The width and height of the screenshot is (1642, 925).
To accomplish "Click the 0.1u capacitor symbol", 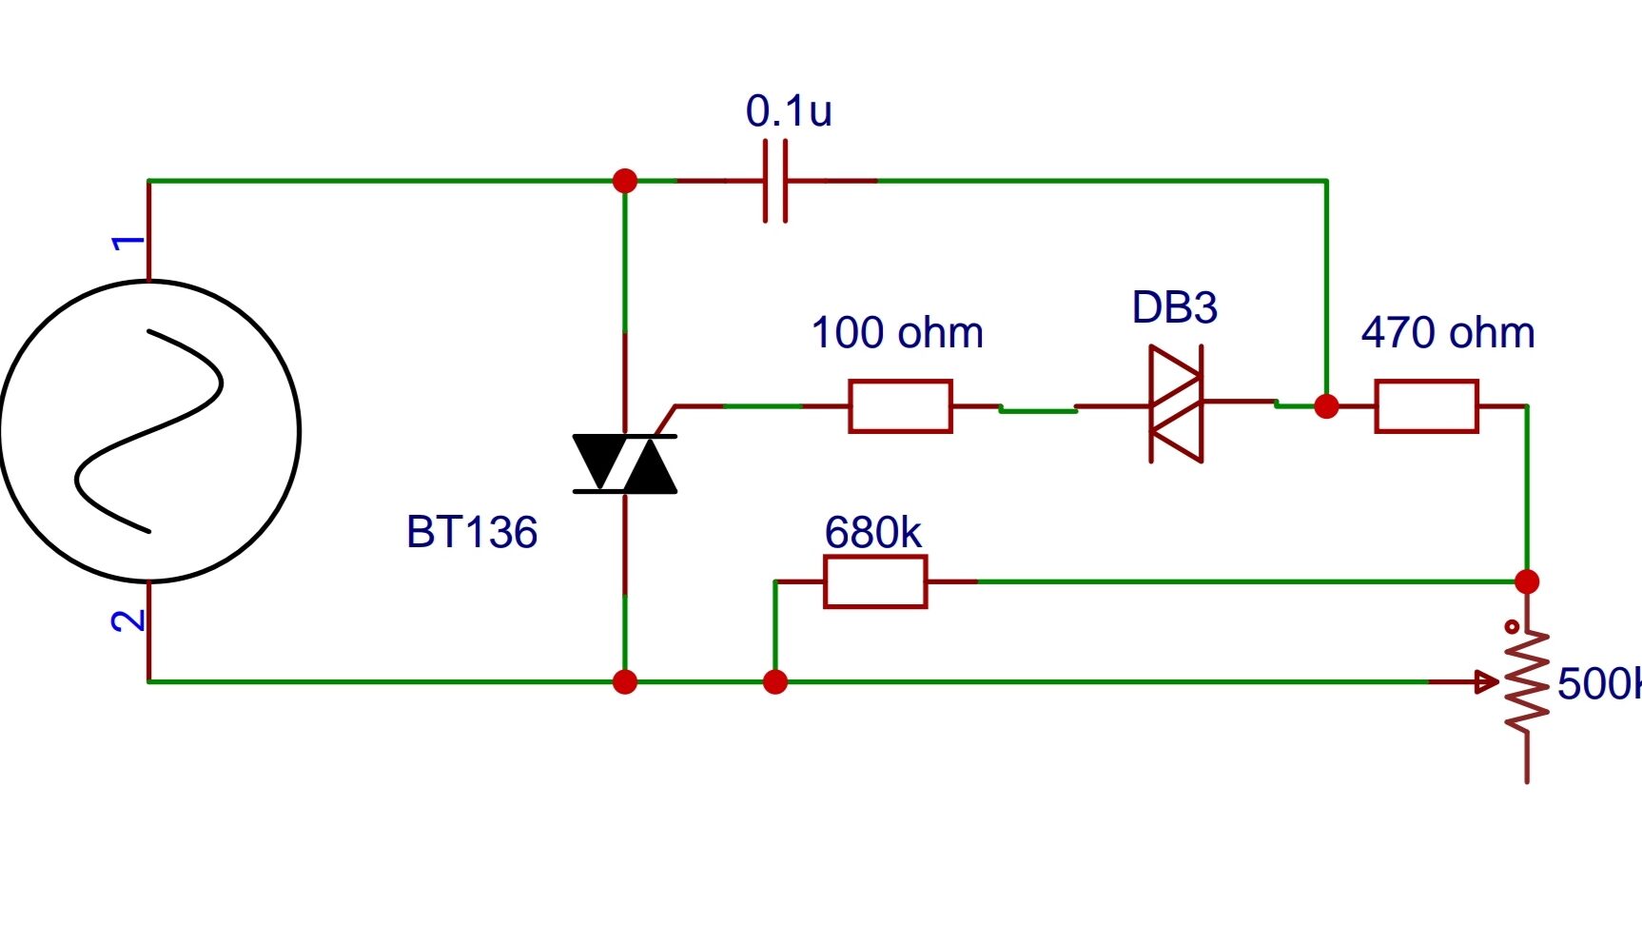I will [775, 181].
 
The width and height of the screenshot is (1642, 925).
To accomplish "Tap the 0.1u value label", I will [789, 111].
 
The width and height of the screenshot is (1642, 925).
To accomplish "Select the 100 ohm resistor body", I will [900, 406].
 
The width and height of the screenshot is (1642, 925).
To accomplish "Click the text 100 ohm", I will [897, 333].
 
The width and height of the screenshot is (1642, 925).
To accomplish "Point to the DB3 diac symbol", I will [1177, 404].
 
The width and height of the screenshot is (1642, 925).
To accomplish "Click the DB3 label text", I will [1174, 307].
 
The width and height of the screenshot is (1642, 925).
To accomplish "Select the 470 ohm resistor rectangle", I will [1426, 406].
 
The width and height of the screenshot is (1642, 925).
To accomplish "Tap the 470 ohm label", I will [1448, 333].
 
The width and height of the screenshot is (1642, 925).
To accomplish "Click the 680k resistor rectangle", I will [875, 581].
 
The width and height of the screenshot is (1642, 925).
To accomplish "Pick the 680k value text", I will [872, 533].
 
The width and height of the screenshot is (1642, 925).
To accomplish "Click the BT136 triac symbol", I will [625, 463].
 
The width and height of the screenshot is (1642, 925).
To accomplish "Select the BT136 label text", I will [472, 532].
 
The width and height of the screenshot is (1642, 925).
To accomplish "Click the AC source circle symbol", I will [149, 431].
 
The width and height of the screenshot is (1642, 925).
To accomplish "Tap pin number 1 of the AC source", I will [128, 243].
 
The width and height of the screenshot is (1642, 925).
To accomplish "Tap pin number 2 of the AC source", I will [128, 621].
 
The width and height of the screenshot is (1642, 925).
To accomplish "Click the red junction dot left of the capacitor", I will [625, 181].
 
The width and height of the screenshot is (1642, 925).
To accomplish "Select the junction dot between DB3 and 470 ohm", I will [1326, 406].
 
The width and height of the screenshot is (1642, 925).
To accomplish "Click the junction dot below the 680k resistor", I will [775, 681].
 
